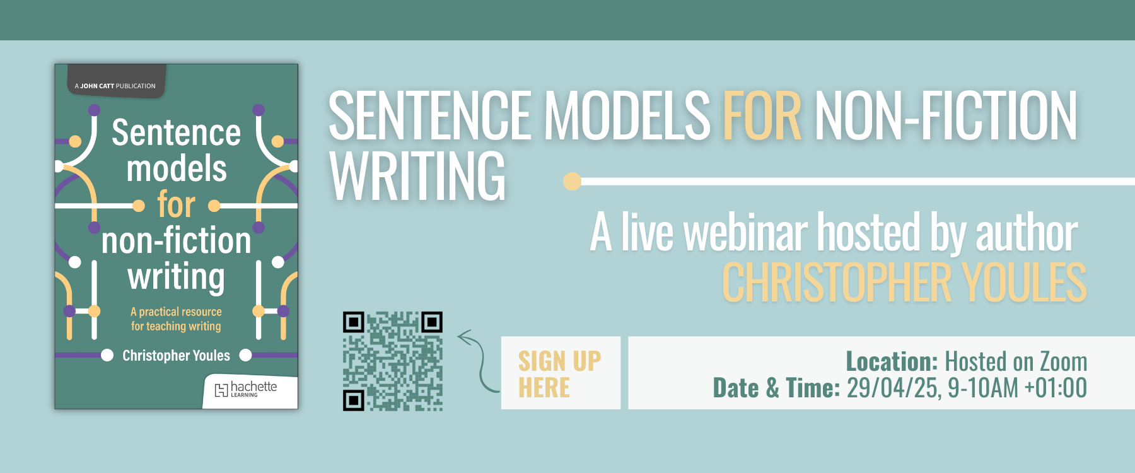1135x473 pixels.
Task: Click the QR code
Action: pos(393,361)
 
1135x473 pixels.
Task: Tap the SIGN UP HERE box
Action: pos(561,373)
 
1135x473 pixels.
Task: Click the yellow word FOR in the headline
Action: pos(762,115)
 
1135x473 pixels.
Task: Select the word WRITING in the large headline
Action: pos(417,176)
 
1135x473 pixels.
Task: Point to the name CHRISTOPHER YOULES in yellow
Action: pos(904,283)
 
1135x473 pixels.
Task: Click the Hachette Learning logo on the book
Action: pos(246,389)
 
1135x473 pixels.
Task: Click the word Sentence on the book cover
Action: pos(177,132)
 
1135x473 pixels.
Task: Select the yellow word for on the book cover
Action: pos(177,205)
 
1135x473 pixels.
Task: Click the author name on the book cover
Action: pos(177,356)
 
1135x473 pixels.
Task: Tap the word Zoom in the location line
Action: pos(1063,361)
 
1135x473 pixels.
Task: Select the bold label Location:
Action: pos(892,361)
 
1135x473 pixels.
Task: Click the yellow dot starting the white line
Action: pos(572,181)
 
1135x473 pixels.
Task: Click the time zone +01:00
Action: pos(1056,388)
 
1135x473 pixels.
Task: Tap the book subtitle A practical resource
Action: pos(176,312)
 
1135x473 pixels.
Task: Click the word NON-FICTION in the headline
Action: pos(946,115)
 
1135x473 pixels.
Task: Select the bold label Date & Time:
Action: pos(776,388)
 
